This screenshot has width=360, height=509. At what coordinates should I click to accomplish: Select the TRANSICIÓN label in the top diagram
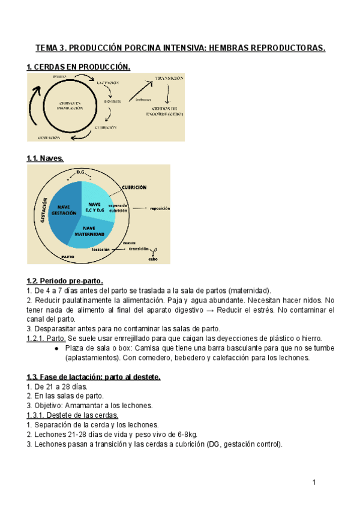tap(169, 79)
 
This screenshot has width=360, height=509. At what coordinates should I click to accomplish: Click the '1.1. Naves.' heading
tap(45, 158)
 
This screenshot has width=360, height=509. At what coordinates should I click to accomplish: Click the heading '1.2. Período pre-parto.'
tap(65, 280)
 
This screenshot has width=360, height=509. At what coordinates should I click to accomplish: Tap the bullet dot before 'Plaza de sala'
tap(56, 349)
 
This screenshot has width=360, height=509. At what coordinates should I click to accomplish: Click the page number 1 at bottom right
tap(313, 483)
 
